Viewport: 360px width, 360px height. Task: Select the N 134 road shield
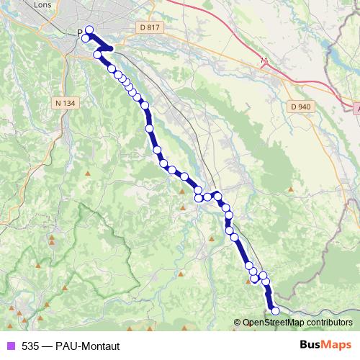[65, 103]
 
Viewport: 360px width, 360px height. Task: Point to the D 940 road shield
[301, 107]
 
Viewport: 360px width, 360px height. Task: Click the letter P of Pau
[80, 32]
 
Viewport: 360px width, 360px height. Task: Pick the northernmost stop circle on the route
[89, 30]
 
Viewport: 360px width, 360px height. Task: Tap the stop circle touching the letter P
[86, 37]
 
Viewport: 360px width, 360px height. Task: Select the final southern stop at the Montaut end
[274, 310]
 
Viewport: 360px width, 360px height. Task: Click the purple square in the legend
[10, 346]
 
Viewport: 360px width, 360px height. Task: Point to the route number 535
[30, 346]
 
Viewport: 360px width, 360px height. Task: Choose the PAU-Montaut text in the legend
[86, 346]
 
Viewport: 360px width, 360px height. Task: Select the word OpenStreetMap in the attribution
[274, 323]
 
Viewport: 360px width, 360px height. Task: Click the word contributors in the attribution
[328, 323]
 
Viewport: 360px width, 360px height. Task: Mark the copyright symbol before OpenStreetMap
[238, 323]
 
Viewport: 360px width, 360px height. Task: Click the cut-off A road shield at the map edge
[357, 106]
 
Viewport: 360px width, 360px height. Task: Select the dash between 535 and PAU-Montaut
[46, 346]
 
